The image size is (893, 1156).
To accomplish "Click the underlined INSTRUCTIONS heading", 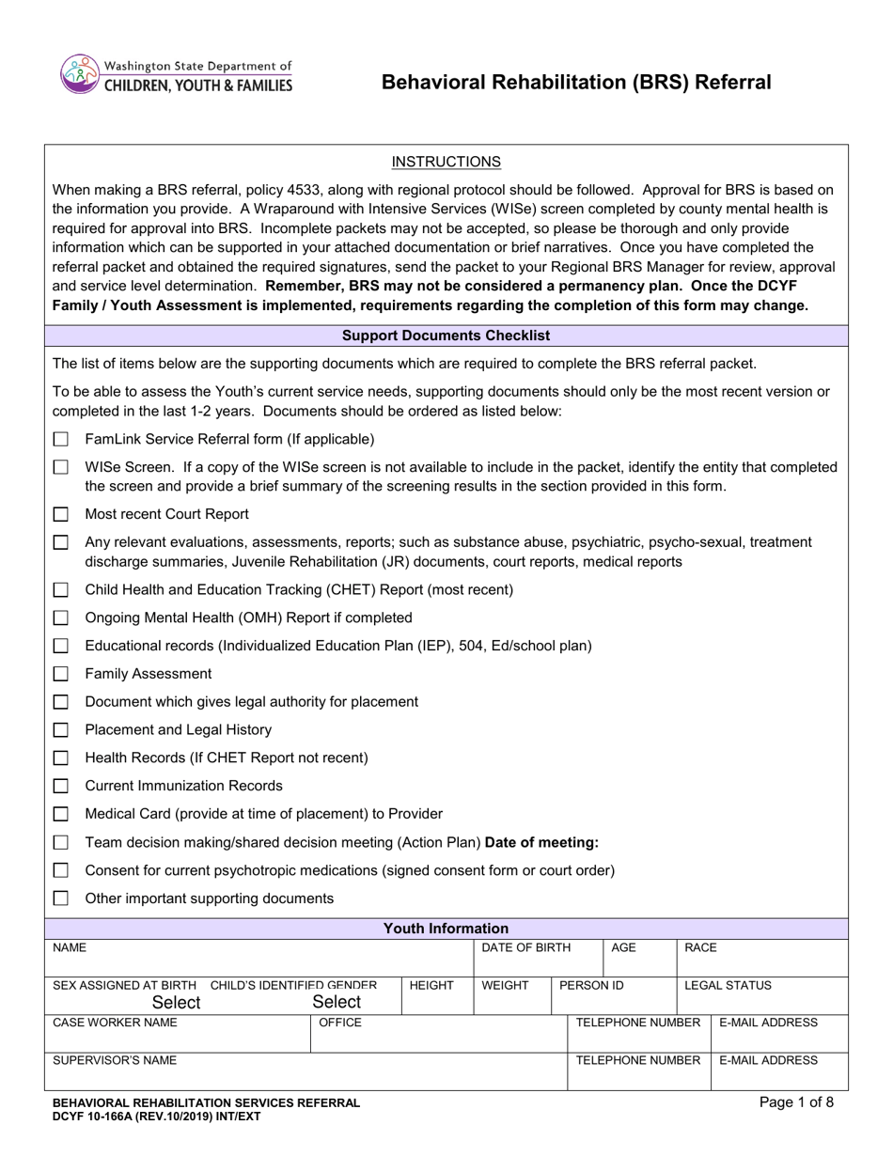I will [x=446, y=162].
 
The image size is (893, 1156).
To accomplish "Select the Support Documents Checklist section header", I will [x=446, y=336].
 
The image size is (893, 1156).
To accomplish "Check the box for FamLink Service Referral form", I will [x=61, y=439].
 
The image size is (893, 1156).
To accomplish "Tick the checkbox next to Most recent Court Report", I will [x=61, y=514].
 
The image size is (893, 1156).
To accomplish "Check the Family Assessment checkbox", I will [x=61, y=674].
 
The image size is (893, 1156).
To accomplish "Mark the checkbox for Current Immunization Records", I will [x=61, y=786].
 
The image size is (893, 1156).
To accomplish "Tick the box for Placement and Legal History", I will [x=61, y=730].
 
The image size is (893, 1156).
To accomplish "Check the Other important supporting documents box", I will [x=61, y=898].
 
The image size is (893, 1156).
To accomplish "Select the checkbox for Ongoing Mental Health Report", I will [x=61, y=617].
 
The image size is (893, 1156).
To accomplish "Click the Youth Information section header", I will [x=446, y=929].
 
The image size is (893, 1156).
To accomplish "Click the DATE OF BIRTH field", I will [x=538, y=957].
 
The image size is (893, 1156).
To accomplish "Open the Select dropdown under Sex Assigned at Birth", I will [x=176, y=1003].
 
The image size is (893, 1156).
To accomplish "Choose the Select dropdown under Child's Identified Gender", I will [x=337, y=1002].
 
